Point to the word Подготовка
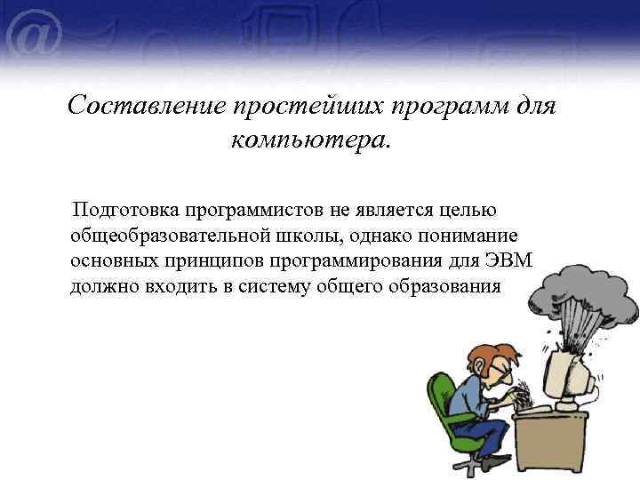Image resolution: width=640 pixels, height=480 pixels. [126, 210]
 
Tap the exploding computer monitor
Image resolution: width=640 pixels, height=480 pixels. [569, 373]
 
